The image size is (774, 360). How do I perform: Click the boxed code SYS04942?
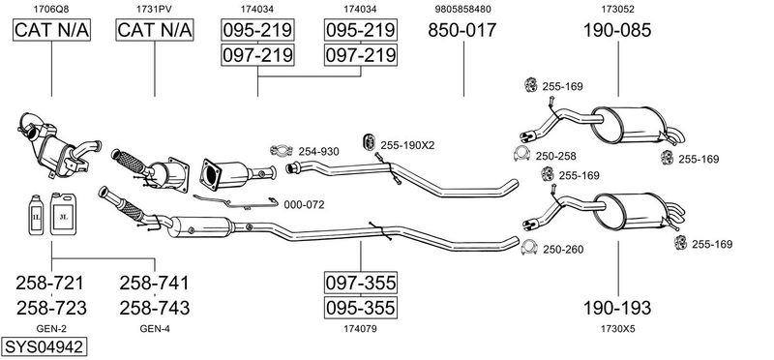45,346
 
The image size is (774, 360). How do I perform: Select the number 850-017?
461,30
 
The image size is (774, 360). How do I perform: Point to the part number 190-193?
616,308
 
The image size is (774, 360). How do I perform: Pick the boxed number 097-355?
360,283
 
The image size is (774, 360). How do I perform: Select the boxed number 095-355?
360,308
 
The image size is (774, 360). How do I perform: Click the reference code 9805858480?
463,9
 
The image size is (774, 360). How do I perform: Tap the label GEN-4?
155,329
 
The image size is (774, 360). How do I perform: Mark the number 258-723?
51,308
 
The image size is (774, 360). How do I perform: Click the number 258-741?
155,283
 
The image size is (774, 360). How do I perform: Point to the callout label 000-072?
304,204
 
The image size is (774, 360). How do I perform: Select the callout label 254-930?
318,151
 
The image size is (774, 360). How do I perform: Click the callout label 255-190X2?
407,145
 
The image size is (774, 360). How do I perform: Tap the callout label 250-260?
563,250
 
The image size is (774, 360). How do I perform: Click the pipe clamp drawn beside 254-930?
280,150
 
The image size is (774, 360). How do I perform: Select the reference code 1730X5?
616,329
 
